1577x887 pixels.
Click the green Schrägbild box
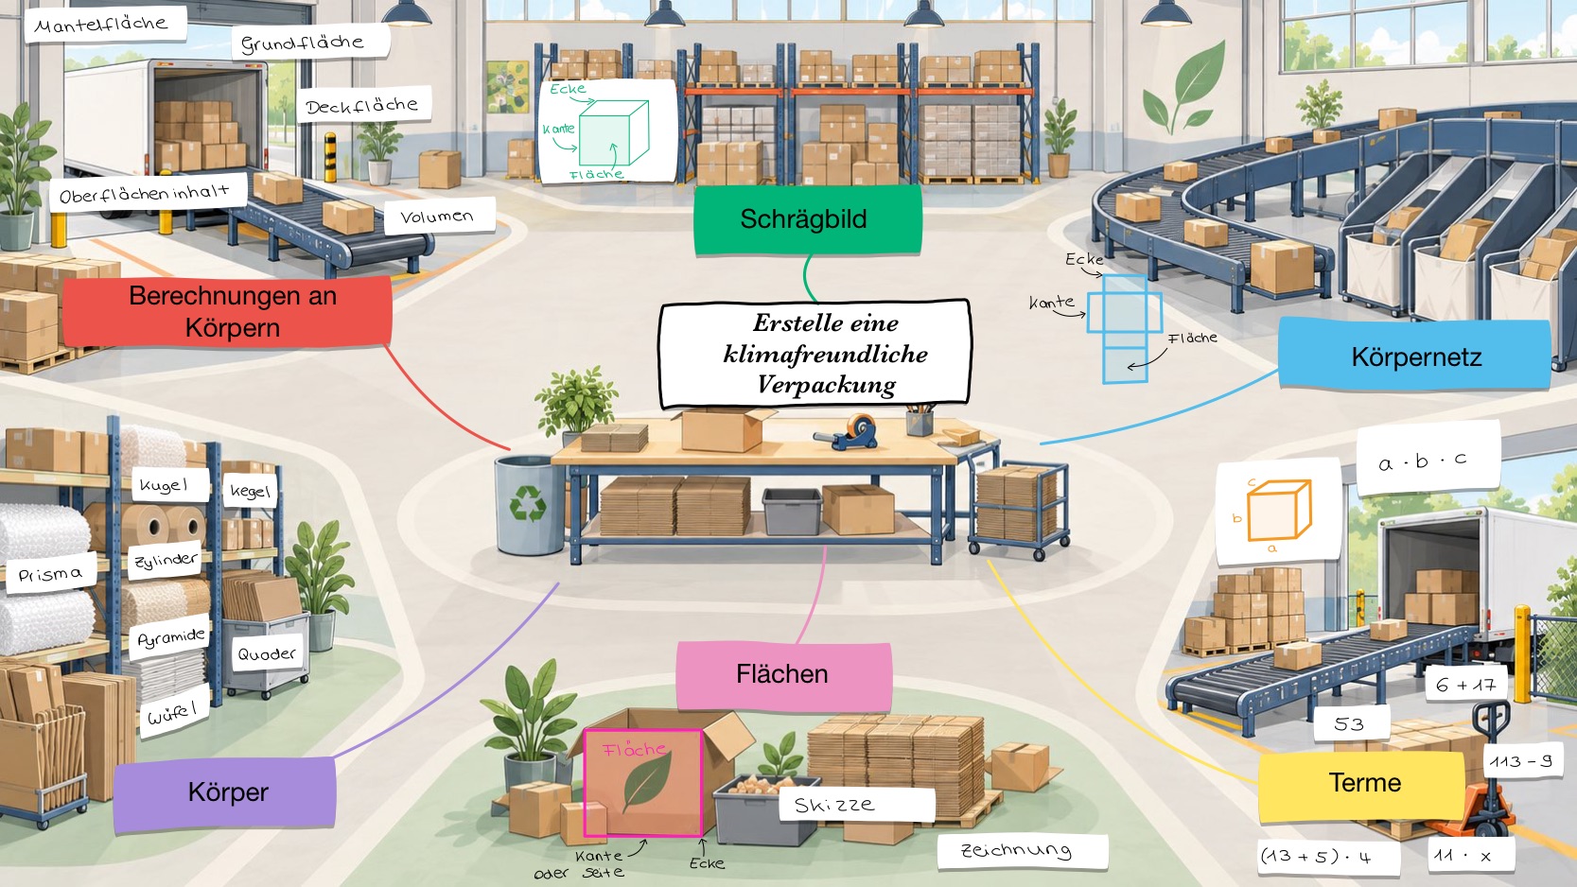coord(808,219)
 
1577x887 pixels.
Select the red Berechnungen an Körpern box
coord(227,312)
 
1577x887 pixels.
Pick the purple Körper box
coord(225,792)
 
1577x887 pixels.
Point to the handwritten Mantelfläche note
coord(105,25)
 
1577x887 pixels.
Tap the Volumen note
coord(439,217)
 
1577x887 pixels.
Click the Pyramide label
coord(170,638)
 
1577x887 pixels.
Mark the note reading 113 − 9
coord(1520,761)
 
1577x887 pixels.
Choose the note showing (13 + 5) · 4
coord(1314,857)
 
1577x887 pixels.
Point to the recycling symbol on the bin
coord(527,501)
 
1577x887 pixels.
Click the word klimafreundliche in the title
coord(825,354)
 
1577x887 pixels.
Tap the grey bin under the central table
coord(792,511)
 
